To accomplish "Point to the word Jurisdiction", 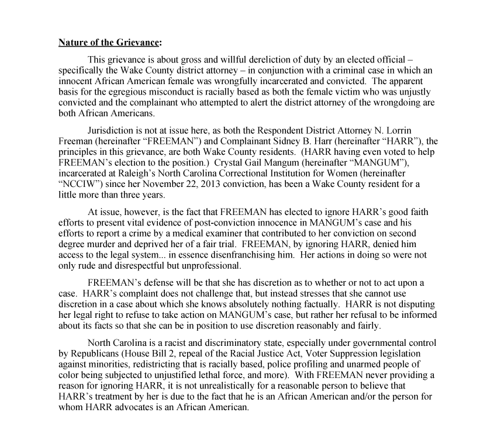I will pyautogui.click(x=111, y=130).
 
